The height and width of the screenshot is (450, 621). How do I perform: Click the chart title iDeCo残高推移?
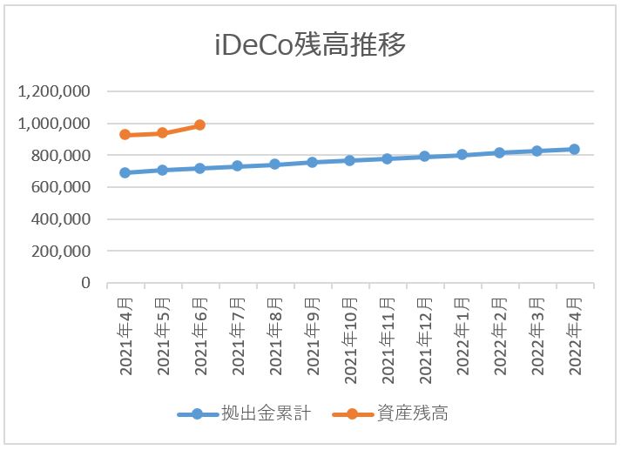pyautogui.click(x=310, y=44)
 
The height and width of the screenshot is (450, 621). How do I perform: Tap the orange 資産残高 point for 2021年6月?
pyautogui.click(x=200, y=125)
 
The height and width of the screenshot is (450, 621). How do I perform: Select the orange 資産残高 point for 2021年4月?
pyautogui.click(x=125, y=135)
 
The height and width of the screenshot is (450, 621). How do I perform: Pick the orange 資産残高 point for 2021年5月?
pyautogui.click(x=163, y=133)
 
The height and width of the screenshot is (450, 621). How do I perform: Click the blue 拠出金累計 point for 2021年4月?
pyautogui.click(x=125, y=172)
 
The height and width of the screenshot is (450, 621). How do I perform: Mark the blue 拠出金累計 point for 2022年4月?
pyautogui.click(x=575, y=149)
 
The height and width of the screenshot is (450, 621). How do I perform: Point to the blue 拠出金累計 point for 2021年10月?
pyautogui.click(x=350, y=160)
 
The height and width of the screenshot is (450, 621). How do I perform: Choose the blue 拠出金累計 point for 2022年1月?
pyautogui.click(x=462, y=155)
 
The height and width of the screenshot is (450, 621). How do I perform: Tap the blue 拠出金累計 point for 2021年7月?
pyautogui.click(x=238, y=165)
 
